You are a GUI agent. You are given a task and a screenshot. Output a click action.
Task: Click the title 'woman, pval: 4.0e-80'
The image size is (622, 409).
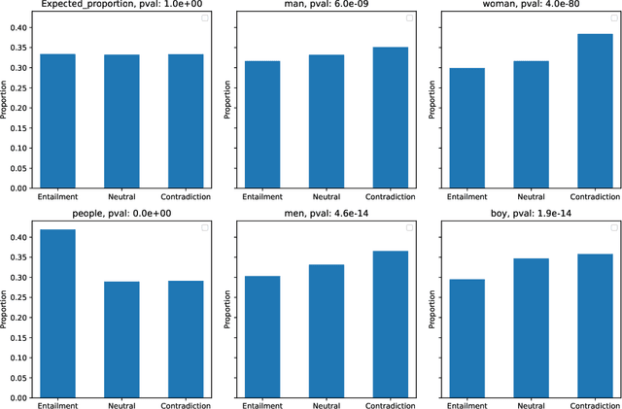pyautogui.click(x=529, y=6)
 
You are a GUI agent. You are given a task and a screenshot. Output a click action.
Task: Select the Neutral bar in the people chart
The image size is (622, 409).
pyautogui.click(x=122, y=340)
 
